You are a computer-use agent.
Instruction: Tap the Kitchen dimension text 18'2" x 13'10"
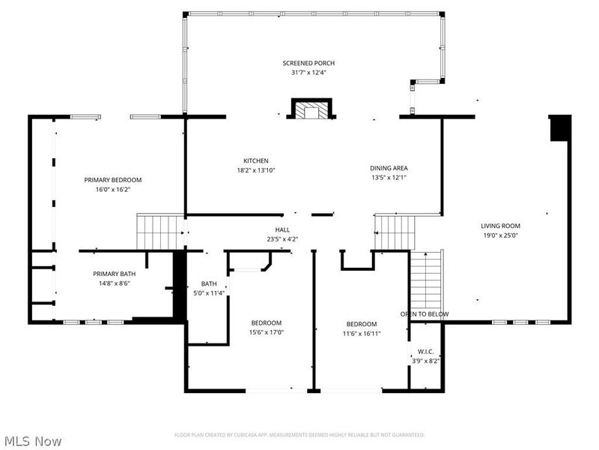(255, 171)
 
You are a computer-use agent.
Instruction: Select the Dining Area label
(389, 168)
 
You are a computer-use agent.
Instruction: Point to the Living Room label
(500, 226)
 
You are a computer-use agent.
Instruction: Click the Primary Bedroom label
(112, 180)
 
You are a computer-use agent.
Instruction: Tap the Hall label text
(282, 230)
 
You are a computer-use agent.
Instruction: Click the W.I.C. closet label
(425, 351)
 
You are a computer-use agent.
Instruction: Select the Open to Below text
(425, 314)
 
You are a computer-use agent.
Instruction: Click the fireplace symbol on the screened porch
(309, 111)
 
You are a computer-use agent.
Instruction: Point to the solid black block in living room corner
(560, 128)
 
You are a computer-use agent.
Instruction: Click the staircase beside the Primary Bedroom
(159, 231)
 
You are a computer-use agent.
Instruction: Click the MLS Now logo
(33, 441)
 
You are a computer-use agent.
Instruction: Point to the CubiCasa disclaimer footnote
(299, 434)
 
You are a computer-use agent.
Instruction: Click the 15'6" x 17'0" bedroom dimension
(267, 332)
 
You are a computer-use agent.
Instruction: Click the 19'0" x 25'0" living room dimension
(500, 235)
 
